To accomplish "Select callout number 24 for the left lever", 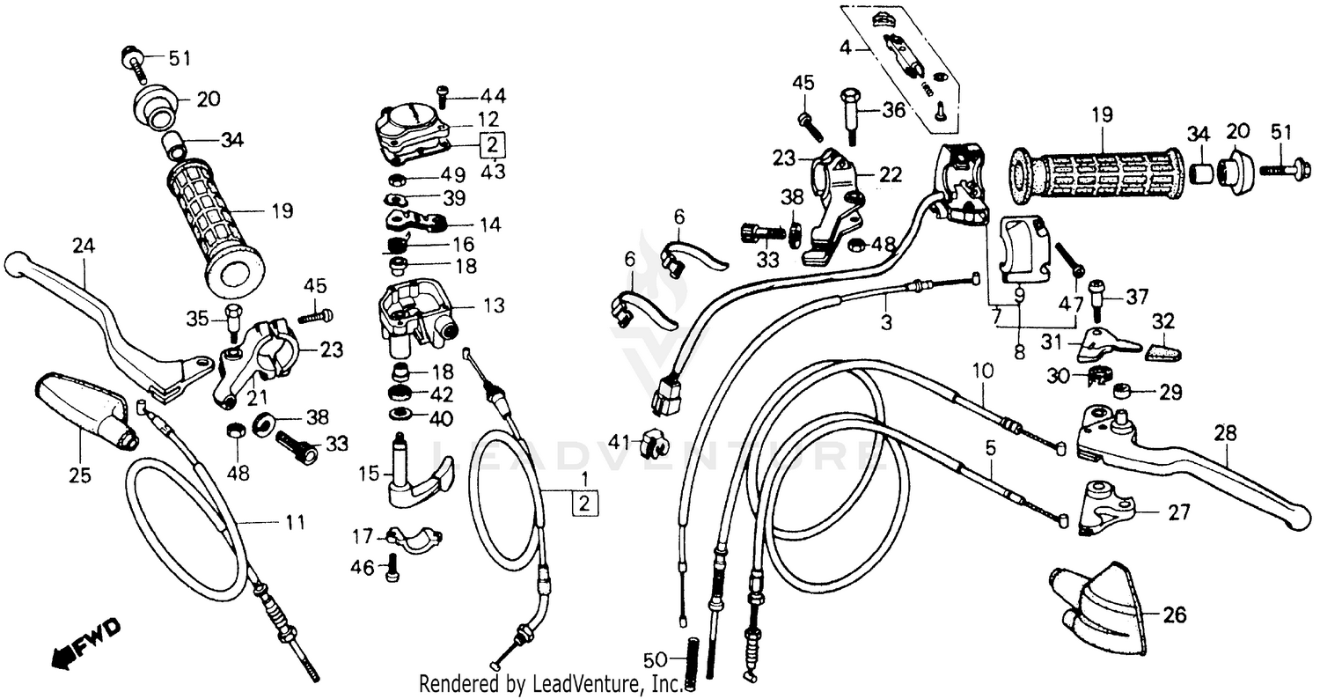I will click(83, 250).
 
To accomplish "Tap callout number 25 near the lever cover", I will click(80, 475).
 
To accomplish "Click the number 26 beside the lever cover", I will click(1176, 614).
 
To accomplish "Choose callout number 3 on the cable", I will click(885, 323).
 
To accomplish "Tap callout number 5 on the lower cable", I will click(990, 448).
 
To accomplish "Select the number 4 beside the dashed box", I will click(845, 47).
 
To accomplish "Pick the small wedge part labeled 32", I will click(1162, 351).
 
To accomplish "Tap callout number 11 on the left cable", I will click(295, 523).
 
